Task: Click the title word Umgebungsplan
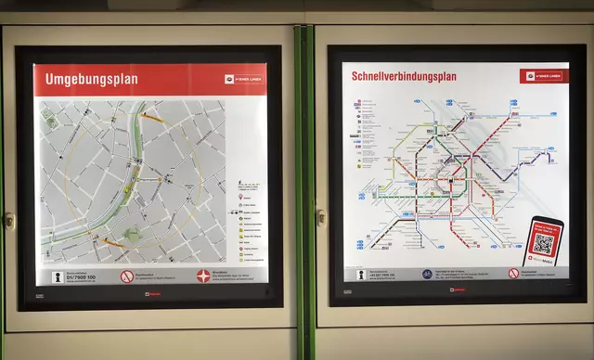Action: click(x=92, y=80)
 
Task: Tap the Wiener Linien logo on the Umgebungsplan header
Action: click(x=243, y=79)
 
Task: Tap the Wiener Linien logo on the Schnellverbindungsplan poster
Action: click(x=544, y=75)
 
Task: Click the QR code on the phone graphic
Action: click(x=544, y=244)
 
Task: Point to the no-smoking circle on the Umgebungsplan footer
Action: click(x=128, y=276)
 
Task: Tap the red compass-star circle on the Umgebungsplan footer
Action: click(x=204, y=276)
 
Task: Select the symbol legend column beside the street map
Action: click(x=250, y=223)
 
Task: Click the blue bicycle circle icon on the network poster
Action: click(x=427, y=275)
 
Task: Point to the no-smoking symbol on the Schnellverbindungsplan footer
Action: click(x=513, y=274)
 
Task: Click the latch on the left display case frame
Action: click(x=9, y=220)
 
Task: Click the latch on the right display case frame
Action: click(x=320, y=218)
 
